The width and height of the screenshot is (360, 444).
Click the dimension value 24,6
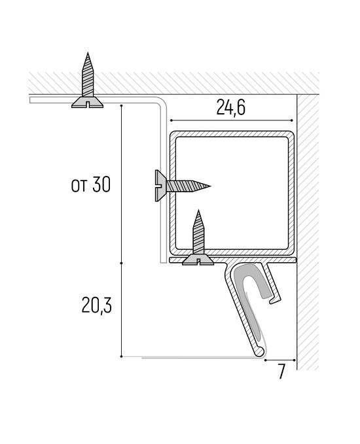point(231,107)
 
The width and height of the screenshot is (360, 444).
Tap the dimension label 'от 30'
point(91,185)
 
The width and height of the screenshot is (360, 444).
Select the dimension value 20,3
point(97,305)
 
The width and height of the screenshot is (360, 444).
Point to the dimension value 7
point(281,371)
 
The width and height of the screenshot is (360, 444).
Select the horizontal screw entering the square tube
point(183,186)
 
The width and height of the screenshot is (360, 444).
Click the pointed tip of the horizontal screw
point(211,186)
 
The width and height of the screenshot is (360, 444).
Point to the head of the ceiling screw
point(88,102)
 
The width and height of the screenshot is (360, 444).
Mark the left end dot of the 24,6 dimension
point(171,121)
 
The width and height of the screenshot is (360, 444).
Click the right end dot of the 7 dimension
point(295,360)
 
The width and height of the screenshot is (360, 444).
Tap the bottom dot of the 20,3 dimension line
point(121,356)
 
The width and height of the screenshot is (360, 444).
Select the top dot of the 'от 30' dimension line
point(121,106)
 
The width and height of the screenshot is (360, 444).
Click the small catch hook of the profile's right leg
point(274,300)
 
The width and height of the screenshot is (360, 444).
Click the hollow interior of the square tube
point(232,192)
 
